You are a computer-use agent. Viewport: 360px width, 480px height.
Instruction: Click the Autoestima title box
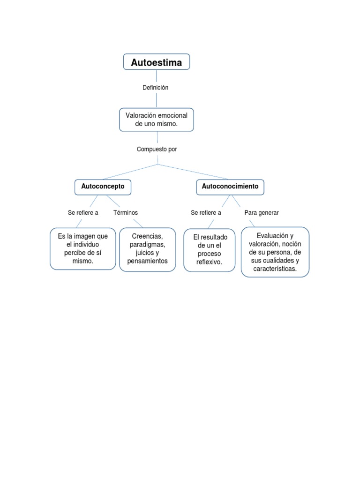(156, 62)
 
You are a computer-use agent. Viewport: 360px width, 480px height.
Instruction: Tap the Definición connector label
(155, 88)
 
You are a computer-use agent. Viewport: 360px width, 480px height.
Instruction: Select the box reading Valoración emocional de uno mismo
(156, 120)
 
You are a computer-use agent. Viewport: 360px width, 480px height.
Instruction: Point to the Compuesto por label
(157, 149)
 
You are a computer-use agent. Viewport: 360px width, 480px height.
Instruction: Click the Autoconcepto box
(103, 187)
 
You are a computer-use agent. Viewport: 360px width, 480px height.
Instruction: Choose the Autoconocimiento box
(230, 187)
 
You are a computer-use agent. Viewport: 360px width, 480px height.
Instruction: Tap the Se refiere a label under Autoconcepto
(83, 213)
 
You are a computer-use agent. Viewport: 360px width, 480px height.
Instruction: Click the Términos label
(126, 213)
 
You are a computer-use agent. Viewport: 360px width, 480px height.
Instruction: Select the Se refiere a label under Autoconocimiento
(206, 213)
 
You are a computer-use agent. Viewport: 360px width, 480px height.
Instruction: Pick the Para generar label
(262, 213)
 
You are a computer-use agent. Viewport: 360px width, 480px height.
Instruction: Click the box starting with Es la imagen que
(83, 248)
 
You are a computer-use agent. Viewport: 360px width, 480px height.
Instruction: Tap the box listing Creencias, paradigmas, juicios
(147, 249)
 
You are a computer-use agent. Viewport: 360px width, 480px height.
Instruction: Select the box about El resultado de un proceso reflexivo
(209, 250)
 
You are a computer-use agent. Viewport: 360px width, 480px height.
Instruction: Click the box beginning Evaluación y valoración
(275, 252)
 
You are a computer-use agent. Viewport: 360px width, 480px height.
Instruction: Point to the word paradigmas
(147, 245)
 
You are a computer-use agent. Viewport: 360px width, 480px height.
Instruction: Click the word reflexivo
(209, 262)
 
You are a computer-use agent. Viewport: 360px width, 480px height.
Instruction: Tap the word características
(275, 269)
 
